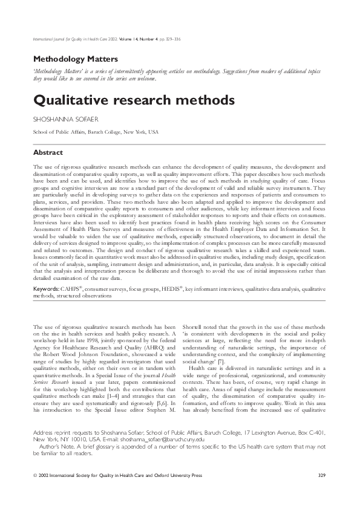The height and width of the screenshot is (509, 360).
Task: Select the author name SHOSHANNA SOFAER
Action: point(63,118)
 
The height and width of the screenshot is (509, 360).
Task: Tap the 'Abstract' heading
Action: point(48,152)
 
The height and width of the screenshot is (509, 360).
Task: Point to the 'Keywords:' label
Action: point(45,290)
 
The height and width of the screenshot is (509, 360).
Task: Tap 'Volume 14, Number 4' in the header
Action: point(142,40)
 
